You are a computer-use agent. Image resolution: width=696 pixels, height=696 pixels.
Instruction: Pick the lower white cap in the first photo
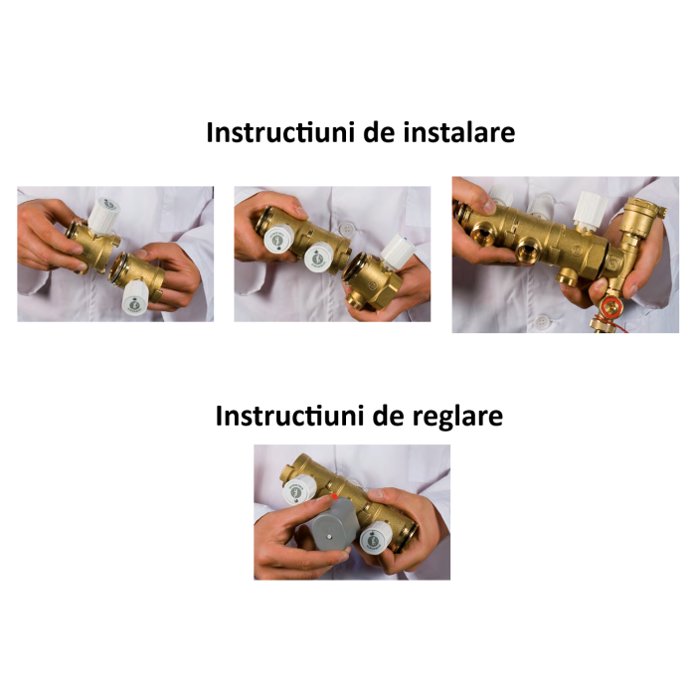[x=135, y=296]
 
